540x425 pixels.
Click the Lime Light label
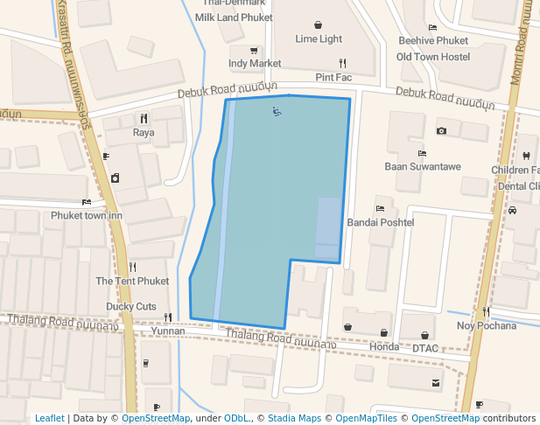pos(319,38)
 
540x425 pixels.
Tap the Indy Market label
pos(255,63)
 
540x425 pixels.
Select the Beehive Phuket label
pos(433,40)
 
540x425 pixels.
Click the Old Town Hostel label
pos(433,57)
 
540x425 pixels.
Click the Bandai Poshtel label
pos(380,222)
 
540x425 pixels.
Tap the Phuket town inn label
pos(87,215)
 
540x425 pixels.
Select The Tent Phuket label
pos(132,281)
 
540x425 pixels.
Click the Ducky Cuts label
pos(131,306)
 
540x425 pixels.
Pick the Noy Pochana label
pos(487,325)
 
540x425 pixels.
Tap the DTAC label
pos(425,347)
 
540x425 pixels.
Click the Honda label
pos(383,346)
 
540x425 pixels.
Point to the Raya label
pos(144,133)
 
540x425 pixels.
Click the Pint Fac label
pos(333,77)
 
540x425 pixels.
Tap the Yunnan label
pos(168,331)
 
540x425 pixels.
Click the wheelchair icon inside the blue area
pos(277,111)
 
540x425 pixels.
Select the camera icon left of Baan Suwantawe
pos(441,131)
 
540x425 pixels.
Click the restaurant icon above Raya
pos(144,118)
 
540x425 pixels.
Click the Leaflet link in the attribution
pos(49,418)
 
